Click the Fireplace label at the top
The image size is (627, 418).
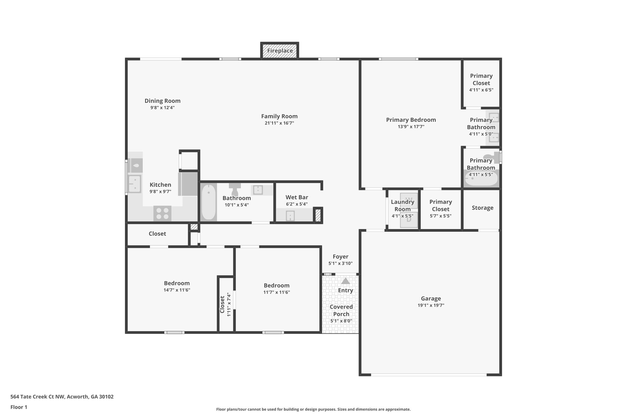(280, 51)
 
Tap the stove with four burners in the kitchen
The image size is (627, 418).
(162, 213)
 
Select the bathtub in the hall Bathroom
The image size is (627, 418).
(209, 202)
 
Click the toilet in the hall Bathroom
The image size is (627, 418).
(235, 190)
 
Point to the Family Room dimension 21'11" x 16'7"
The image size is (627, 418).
(279, 123)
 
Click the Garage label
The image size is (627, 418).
(431, 299)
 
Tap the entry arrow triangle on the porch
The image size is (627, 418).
(345, 281)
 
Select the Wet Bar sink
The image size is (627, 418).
(290, 216)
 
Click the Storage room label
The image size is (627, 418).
(482, 208)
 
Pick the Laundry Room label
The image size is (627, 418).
(402, 205)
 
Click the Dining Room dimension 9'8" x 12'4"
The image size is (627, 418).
(162, 108)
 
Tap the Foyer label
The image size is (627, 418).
(340, 257)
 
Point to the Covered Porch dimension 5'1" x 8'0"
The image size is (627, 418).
(341, 321)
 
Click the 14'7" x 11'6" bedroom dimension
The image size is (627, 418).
(177, 290)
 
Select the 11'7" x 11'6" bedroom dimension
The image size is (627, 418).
(276, 292)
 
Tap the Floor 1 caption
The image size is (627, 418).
(19, 407)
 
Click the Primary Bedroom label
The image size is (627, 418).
(411, 120)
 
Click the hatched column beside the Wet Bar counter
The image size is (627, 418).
(318, 215)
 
